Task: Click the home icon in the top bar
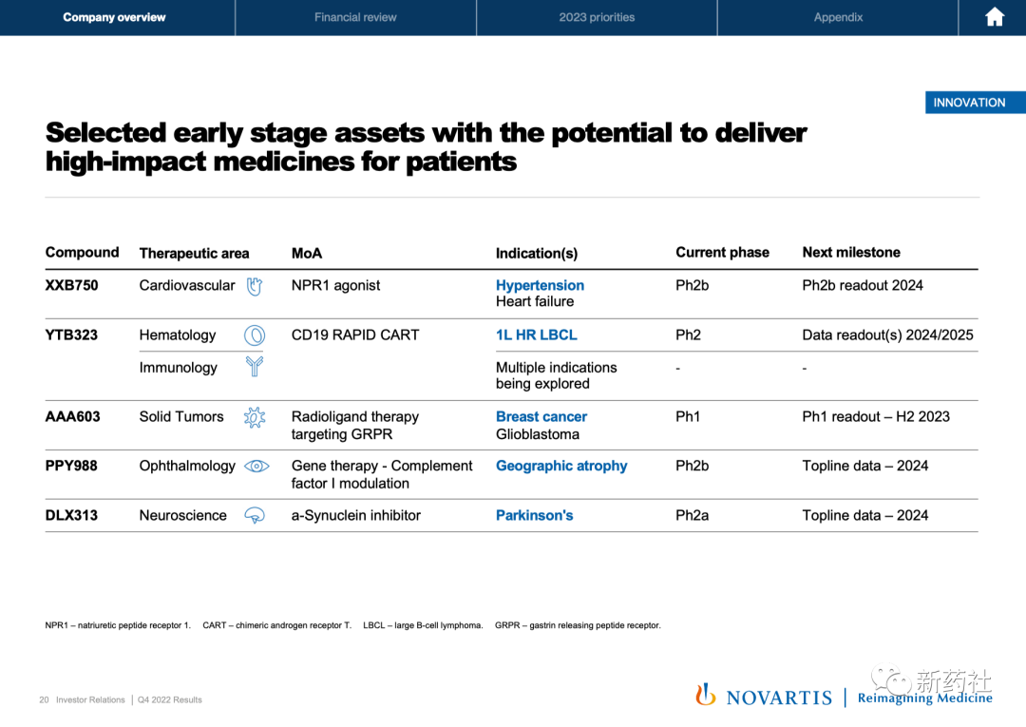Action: coord(994,17)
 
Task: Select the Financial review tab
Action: coord(355,17)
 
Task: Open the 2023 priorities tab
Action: coord(597,17)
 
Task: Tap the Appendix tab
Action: coord(838,17)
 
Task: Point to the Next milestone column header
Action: coord(851,253)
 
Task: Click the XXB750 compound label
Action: coord(71,285)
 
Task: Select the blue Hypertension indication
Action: coord(540,285)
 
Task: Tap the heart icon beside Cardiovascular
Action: coord(255,286)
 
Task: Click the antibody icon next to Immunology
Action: coord(255,367)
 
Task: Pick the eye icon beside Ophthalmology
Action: coord(256,466)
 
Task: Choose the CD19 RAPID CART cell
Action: coord(355,335)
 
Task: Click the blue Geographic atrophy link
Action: coord(561,466)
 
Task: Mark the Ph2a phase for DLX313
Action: coord(692,516)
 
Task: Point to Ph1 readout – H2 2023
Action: coord(876,417)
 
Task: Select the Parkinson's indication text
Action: coord(534,516)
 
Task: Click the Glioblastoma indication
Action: coord(537,434)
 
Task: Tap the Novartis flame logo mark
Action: coord(705,695)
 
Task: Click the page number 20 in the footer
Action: coord(44,700)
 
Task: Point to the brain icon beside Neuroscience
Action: coord(255,516)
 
